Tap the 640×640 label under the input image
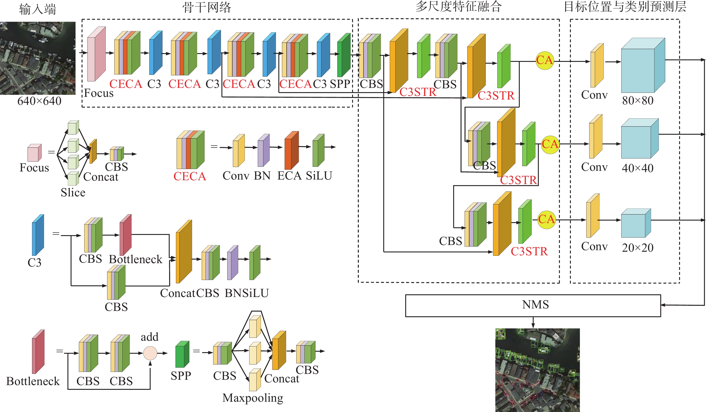coord(39,101)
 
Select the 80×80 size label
coord(638,101)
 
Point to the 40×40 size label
coord(638,168)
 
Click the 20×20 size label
coord(638,248)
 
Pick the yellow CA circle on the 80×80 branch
coord(545,60)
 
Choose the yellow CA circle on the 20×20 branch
coord(547,219)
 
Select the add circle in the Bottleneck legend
coord(150,353)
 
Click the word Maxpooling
coord(253,398)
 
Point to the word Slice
coord(73,193)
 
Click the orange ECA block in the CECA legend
coord(291,150)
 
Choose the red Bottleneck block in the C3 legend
coord(125,235)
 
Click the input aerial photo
coord(38,58)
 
